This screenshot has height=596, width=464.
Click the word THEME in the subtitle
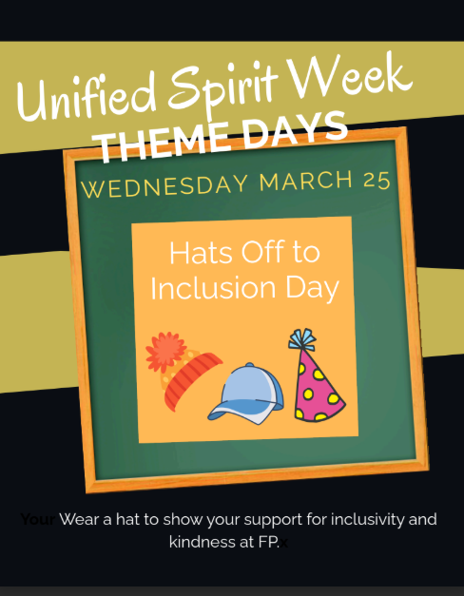point(161,144)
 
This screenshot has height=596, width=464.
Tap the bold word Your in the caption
point(37,520)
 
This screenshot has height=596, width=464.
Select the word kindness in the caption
point(203,542)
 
